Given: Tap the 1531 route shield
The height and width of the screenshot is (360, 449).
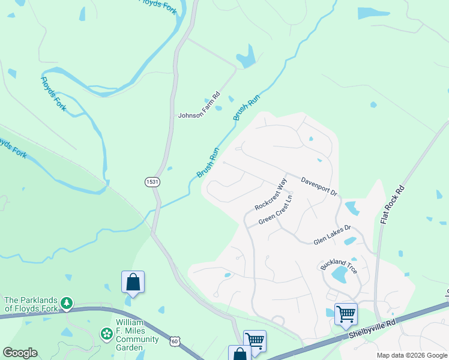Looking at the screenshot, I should [x=152, y=181].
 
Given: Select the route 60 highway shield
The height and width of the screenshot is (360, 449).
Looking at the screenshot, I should [x=175, y=341].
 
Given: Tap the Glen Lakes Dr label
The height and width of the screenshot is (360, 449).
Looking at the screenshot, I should [x=332, y=235].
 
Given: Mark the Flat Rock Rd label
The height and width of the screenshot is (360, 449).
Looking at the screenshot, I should [x=393, y=205].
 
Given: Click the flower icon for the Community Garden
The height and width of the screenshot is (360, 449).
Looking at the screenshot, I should [x=106, y=333].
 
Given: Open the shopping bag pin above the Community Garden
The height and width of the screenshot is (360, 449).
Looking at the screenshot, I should [x=133, y=282].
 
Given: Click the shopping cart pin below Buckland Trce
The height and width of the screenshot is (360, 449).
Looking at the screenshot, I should [x=346, y=313].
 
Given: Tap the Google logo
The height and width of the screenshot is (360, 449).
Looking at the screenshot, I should [x=20, y=353].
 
